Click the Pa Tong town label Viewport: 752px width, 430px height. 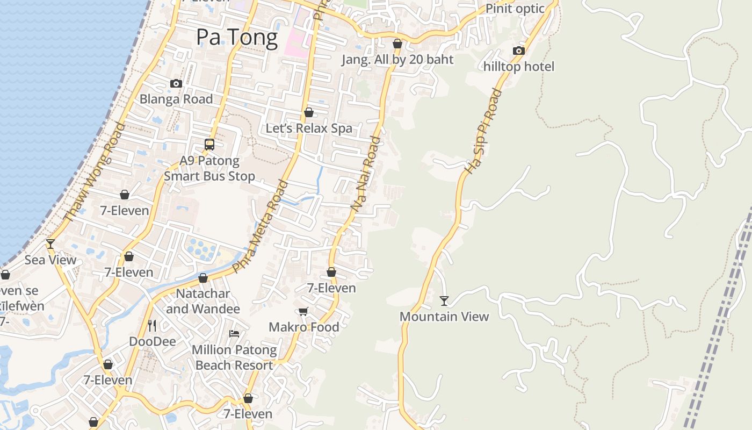pyautogui.click(x=236, y=38)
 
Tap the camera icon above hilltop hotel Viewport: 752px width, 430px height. pyautogui.click(x=518, y=51)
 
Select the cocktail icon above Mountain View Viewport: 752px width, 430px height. pyautogui.click(x=444, y=300)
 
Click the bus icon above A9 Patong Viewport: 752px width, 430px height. pyautogui.click(x=209, y=145)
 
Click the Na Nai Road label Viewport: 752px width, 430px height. pyautogui.click(x=366, y=174)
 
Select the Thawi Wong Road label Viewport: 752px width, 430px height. pyautogui.click(x=94, y=172)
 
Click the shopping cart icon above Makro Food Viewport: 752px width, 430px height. pyautogui.click(x=303, y=311)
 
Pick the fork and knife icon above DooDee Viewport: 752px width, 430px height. pyautogui.click(x=152, y=325)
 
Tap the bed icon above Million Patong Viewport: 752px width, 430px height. pyautogui.click(x=234, y=334)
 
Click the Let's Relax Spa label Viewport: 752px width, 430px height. pyautogui.click(x=309, y=128)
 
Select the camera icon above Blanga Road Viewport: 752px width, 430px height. pyautogui.click(x=176, y=83)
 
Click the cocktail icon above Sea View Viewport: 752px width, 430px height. pyautogui.click(x=50, y=244)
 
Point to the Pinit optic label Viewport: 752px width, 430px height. pyautogui.click(x=515, y=9)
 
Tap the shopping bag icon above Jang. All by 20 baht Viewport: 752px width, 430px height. pyautogui.click(x=397, y=44)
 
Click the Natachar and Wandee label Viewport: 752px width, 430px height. pyautogui.click(x=203, y=301)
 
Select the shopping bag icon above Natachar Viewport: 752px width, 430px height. pyautogui.click(x=203, y=278)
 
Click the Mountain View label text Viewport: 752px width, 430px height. pyautogui.click(x=444, y=317)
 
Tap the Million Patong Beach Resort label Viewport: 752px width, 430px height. pyautogui.click(x=234, y=357)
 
